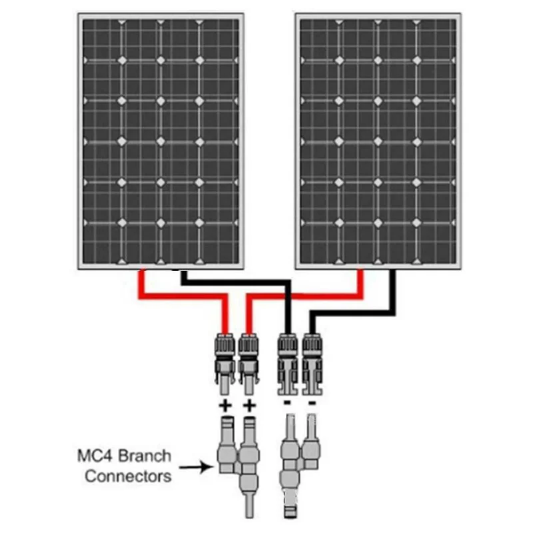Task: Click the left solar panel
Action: point(161,141)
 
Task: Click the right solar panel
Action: point(378,141)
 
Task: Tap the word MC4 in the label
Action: point(95,456)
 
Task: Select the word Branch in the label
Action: point(145,456)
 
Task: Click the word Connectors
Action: point(128,476)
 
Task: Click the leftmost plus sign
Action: point(225,406)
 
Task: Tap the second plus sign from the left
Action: point(249,406)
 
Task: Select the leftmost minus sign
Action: point(287,403)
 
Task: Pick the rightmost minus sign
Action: point(312,403)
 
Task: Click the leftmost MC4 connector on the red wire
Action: point(225,363)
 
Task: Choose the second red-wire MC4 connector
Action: point(249,363)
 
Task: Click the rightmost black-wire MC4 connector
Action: point(312,364)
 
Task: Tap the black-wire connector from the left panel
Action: point(288,364)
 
